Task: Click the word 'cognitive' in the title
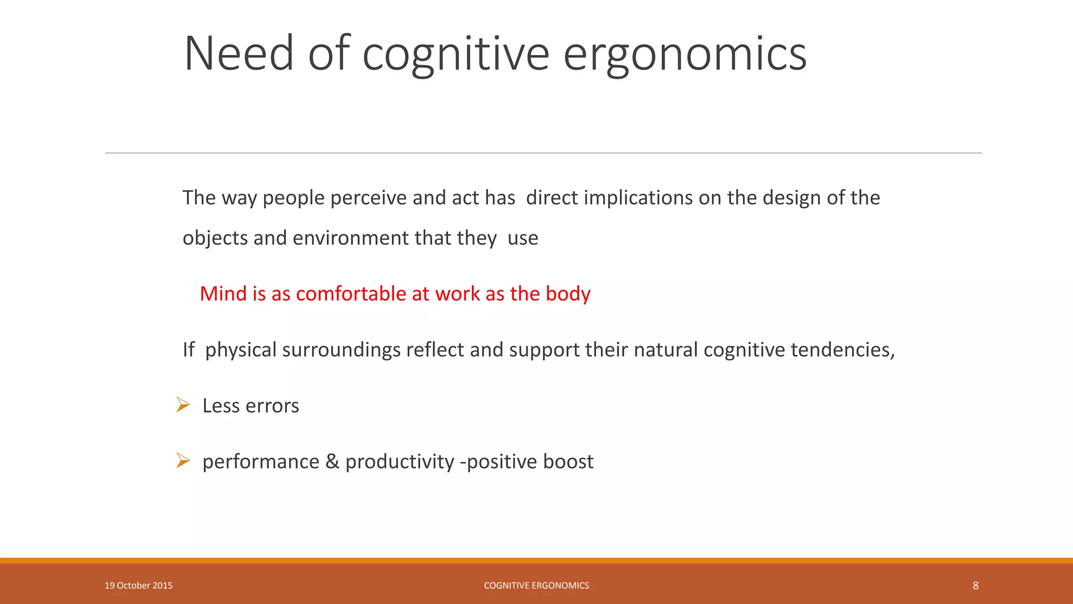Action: pyautogui.click(x=455, y=55)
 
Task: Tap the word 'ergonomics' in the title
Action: pyautogui.click(x=684, y=55)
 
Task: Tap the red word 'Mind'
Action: pyautogui.click(x=223, y=294)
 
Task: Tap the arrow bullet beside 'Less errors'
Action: pyautogui.click(x=183, y=405)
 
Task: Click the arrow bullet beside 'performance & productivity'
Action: pyautogui.click(x=183, y=461)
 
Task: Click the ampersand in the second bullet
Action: pyautogui.click(x=332, y=461)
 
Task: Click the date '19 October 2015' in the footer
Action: pyautogui.click(x=138, y=586)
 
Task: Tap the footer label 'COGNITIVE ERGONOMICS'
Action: pyautogui.click(x=536, y=586)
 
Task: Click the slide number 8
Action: pyautogui.click(x=975, y=586)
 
